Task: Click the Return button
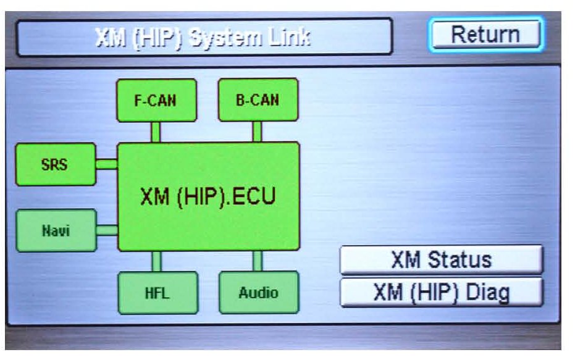[x=485, y=35]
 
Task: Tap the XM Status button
[x=441, y=260]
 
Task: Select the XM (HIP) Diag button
[x=441, y=292]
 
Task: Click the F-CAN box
[x=156, y=100]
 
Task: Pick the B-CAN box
[x=258, y=100]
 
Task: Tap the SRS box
[x=56, y=164]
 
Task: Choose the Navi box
[x=56, y=230]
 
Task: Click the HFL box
[x=157, y=292]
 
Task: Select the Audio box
[x=258, y=292]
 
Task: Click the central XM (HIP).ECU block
[x=208, y=196]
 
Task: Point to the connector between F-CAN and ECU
[x=156, y=132]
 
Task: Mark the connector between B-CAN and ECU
[x=257, y=132]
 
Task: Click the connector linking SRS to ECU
[x=107, y=164]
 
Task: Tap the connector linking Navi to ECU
[x=107, y=230]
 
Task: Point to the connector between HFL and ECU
[x=157, y=261]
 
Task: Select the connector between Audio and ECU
[x=257, y=261]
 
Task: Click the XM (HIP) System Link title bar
[x=204, y=38]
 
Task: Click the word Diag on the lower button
[x=488, y=292]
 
